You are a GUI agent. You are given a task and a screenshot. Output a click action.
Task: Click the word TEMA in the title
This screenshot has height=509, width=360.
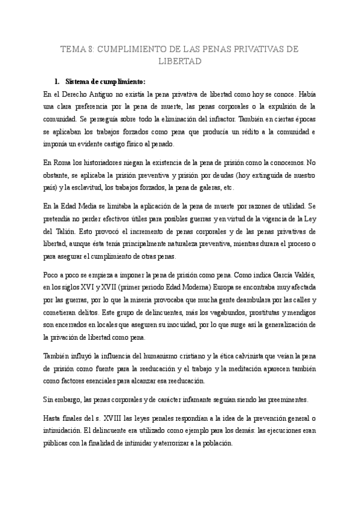coord(74,49)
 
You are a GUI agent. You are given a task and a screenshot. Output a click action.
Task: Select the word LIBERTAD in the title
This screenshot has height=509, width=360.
coord(179,61)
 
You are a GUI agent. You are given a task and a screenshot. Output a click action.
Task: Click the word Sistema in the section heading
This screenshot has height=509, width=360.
coord(78,81)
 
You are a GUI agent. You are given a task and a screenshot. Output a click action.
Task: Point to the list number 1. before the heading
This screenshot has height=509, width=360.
coord(57,81)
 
